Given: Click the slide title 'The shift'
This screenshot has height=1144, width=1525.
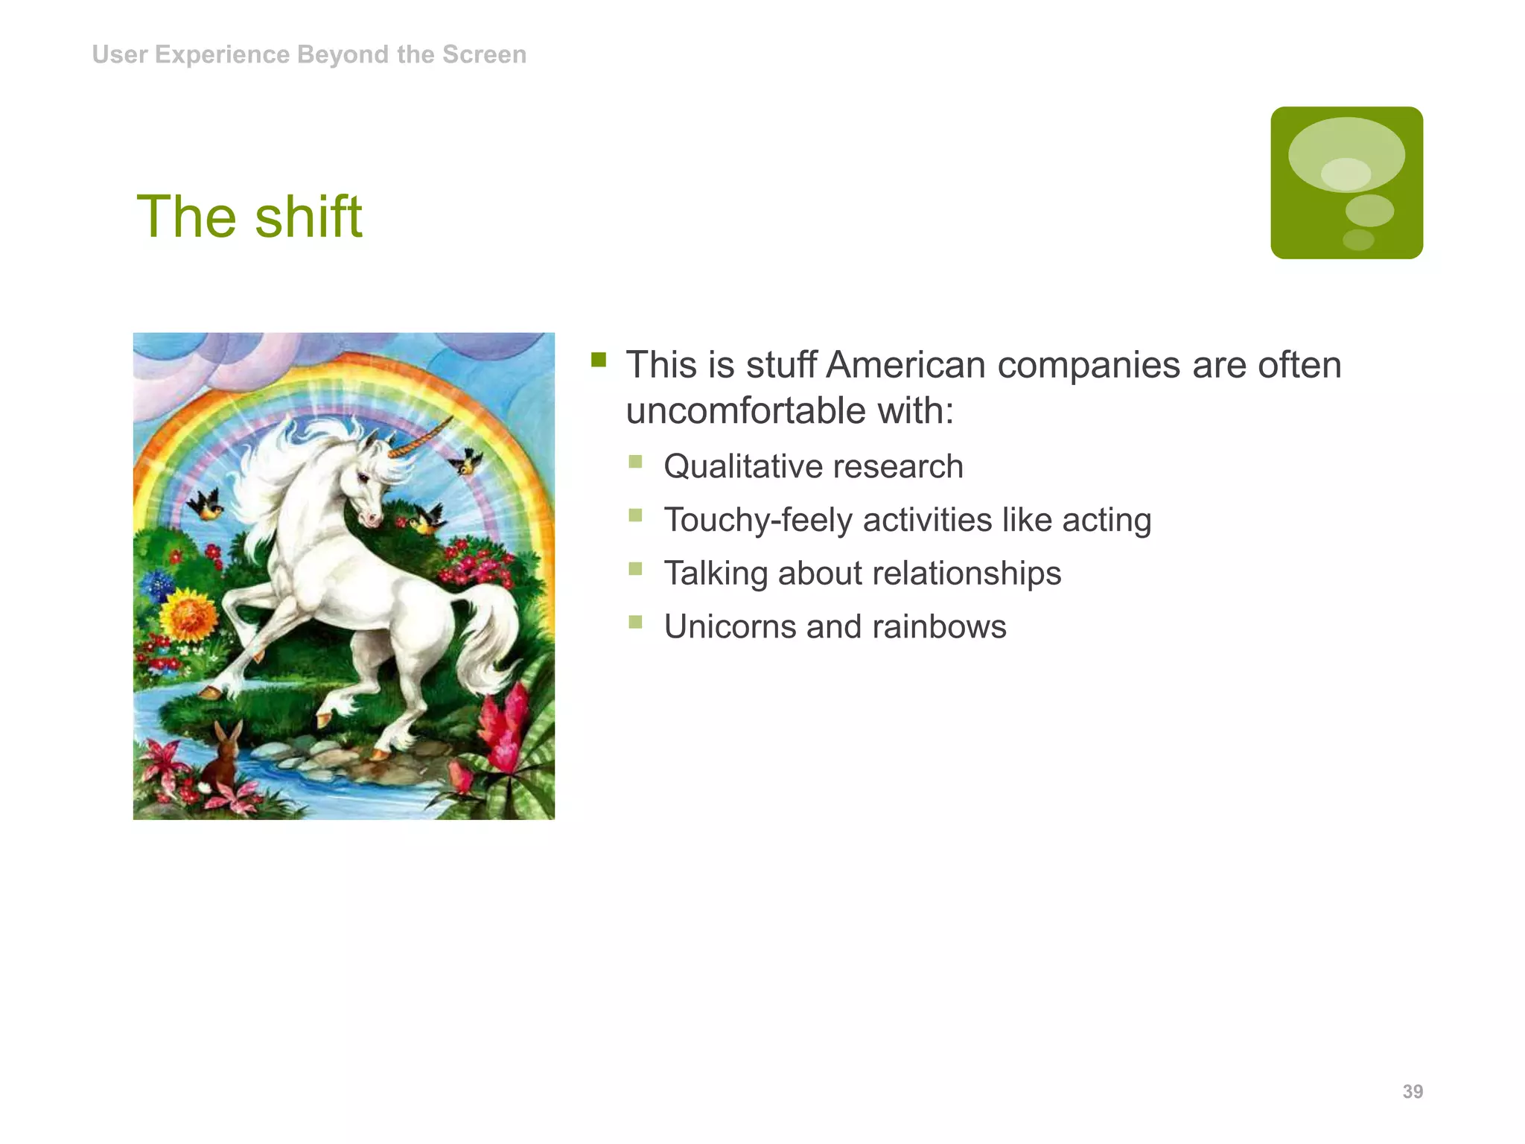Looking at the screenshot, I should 249,217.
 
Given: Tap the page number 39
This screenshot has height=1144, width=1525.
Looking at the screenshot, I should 1412,1091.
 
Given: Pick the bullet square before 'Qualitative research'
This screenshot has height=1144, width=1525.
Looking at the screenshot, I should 635,462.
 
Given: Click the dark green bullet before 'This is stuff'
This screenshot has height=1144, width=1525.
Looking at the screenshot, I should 599,360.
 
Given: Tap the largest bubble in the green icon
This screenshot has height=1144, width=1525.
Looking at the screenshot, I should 1346,154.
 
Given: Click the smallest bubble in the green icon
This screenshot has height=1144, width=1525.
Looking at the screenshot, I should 1357,239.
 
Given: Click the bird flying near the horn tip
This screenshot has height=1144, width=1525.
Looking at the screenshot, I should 467,462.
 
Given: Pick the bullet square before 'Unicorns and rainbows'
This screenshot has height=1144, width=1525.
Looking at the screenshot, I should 635,622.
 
